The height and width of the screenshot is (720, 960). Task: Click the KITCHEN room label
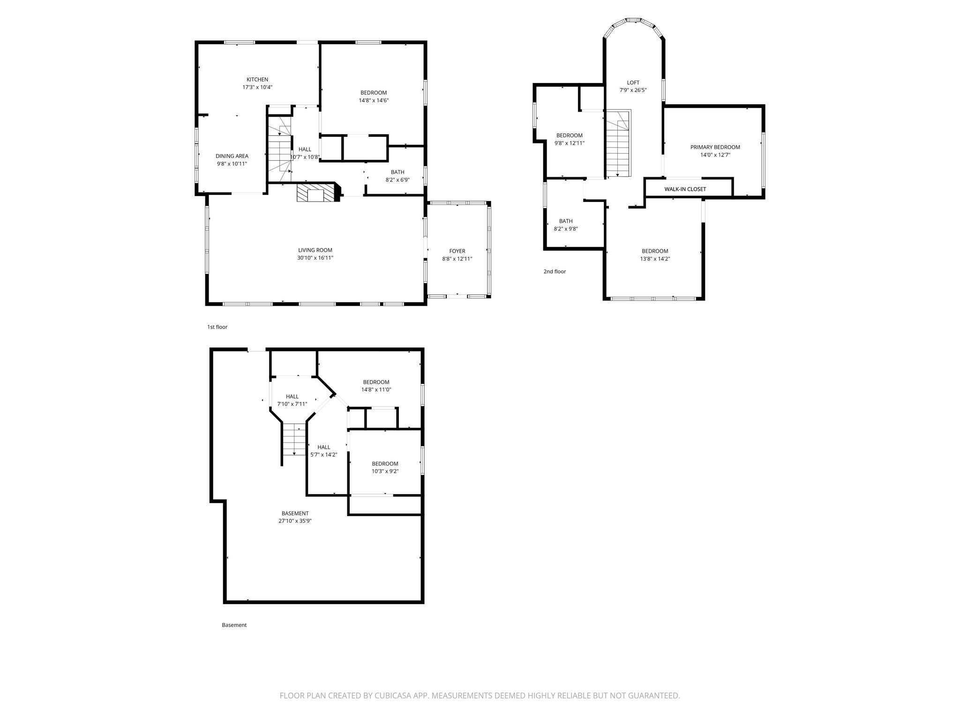257,80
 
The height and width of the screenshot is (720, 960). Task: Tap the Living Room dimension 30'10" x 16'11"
315,258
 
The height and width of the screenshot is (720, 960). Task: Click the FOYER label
457,251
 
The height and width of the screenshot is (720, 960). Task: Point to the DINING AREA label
232,156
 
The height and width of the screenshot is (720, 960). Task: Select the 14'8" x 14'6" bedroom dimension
374,100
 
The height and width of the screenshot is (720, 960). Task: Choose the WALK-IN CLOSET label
685,189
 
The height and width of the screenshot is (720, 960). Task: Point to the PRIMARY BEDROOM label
715,147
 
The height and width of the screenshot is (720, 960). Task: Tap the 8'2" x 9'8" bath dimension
566,229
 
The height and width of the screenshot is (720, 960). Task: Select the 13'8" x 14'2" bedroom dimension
655,258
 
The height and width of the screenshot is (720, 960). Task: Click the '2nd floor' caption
555,271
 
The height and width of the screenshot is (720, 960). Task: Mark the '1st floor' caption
217,327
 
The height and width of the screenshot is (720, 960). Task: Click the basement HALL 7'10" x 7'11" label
292,397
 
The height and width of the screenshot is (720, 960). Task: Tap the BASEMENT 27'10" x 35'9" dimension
295,520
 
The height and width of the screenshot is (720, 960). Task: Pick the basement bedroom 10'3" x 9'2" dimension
385,471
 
